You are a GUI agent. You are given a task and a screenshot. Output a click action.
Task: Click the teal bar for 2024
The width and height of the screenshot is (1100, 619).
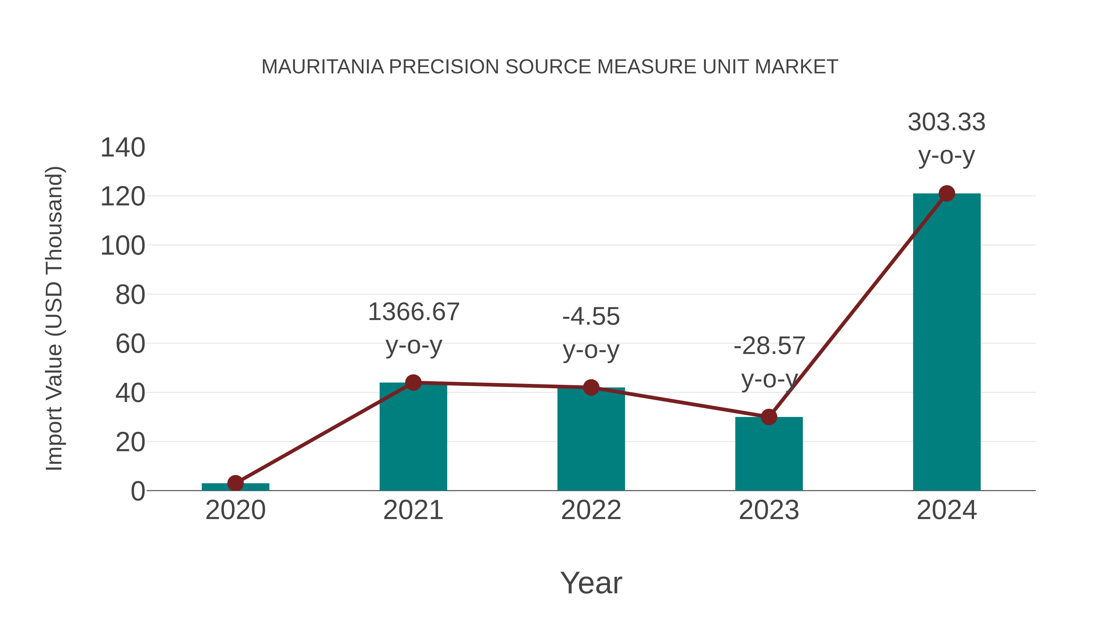pos(946,342)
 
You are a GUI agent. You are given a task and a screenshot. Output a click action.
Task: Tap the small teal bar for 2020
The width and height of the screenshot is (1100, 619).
pos(235,487)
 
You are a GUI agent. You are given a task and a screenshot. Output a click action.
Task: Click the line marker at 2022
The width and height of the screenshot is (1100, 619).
pos(591,388)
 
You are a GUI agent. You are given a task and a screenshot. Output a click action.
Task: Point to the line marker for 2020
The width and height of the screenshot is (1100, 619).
pos(235,483)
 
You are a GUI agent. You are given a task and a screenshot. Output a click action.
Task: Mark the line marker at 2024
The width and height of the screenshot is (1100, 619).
pos(947,193)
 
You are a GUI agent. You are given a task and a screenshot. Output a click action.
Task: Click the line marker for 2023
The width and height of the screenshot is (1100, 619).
pos(769,417)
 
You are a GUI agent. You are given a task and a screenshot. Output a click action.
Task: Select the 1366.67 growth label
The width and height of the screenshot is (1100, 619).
pos(413,312)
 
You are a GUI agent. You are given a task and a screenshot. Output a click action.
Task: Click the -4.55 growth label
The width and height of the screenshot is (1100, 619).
pos(591,317)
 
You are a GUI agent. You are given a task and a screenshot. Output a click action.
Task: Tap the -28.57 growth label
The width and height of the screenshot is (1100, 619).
pos(769,346)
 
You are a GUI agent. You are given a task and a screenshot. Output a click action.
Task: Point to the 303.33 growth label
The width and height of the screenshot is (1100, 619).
pos(946,122)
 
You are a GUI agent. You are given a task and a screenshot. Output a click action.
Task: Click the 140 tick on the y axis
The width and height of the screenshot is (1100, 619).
pos(123,148)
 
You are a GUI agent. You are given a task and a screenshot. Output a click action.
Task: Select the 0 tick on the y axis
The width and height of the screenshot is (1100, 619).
pos(137,491)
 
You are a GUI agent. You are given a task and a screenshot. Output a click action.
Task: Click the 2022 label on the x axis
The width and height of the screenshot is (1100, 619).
pos(591,510)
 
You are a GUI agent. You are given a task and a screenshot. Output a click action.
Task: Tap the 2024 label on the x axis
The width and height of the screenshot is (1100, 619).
pos(946,510)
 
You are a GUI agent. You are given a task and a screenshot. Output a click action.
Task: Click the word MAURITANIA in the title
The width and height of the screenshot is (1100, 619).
pos(322,67)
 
